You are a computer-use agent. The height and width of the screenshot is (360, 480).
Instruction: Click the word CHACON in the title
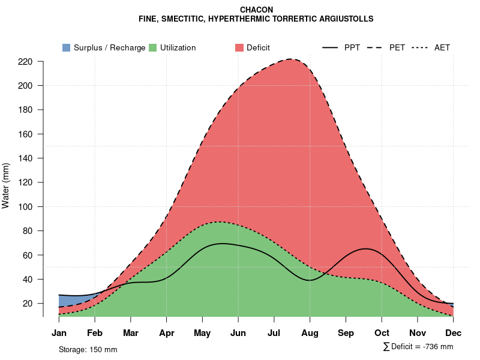[256, 10]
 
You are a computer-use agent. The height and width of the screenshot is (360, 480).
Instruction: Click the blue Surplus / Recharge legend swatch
[66, 47]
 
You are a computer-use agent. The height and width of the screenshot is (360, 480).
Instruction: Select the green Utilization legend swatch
[152, 47]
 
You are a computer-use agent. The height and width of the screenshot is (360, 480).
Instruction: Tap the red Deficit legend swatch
[239, 47]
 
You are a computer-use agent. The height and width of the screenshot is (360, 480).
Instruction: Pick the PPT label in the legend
[352, 47]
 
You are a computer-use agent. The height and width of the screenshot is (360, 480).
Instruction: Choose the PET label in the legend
[397, 47]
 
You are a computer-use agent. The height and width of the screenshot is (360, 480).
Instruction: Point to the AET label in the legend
[442, 47]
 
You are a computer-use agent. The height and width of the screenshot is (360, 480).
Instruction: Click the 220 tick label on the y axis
[26, 61]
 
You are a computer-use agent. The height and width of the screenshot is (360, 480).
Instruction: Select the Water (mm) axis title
[6, 185]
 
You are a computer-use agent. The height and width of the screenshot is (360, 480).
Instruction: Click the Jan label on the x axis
[59, 333]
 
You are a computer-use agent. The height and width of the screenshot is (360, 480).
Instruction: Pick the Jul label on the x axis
[274, 333]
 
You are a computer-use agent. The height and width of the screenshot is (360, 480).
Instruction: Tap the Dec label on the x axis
[454, 333]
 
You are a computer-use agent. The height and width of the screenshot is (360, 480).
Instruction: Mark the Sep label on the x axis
[346, 333]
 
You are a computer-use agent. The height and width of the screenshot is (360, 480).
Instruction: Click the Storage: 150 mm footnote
[88, 349]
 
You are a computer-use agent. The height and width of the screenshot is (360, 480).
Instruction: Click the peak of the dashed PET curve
[292, 59]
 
